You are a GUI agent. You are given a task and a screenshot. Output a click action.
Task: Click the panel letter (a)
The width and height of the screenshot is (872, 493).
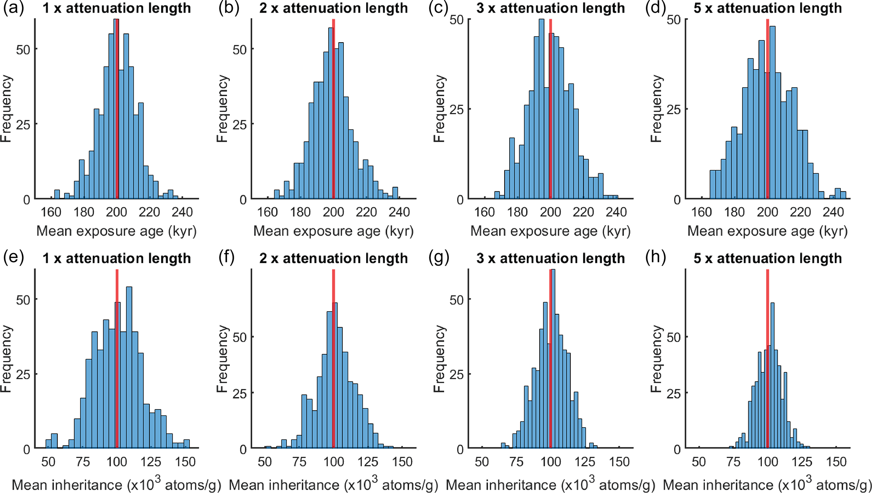point(13,8)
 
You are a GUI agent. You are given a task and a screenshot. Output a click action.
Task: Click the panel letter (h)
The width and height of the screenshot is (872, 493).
point(656,257)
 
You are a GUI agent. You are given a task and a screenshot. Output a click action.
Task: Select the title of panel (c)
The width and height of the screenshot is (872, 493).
point(551,8)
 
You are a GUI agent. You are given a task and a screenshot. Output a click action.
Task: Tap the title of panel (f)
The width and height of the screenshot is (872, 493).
point(333,258)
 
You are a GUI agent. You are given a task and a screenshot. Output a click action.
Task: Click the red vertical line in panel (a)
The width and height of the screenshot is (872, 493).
point(117,110)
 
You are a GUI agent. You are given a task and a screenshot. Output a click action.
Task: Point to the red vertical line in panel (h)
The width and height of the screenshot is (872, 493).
point(767,358)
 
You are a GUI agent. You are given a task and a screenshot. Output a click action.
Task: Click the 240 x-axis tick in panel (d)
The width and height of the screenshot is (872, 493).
point(833,212)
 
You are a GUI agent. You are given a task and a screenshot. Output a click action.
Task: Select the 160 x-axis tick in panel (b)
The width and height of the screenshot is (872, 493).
point(267,212)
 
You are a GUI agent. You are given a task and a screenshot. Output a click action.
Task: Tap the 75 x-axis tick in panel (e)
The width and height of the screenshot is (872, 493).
point(83,462)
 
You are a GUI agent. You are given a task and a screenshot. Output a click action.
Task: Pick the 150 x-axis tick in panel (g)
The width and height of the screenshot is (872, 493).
point(619,462)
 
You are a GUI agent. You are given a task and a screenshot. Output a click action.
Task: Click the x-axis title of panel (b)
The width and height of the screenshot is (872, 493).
point(333,231)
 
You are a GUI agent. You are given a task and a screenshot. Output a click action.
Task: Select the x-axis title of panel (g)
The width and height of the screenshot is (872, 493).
point(551,485)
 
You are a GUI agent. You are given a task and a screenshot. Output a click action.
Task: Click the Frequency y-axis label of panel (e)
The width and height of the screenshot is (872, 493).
point(6,358)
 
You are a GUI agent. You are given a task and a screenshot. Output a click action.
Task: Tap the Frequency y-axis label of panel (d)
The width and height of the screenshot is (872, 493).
point(656,109)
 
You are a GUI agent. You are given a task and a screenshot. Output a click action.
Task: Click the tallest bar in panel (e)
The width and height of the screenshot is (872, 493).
point(129,367)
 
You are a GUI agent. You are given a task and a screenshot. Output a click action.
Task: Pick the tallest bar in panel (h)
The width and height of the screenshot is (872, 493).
point(772,375)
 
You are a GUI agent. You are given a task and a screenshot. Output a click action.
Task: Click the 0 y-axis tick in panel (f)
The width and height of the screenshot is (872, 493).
point(243,450)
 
